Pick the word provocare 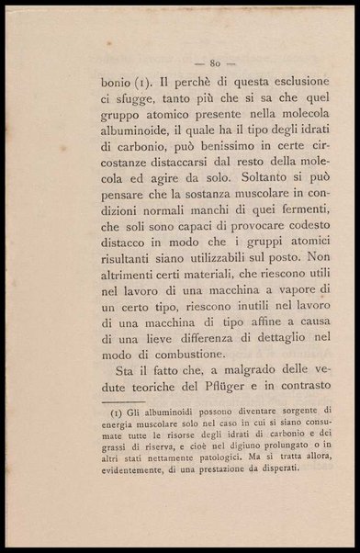(x=251, y=266)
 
